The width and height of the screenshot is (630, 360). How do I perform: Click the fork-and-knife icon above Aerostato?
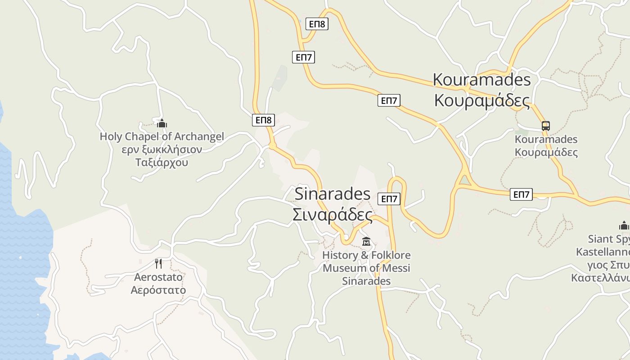click(x=158, y=263)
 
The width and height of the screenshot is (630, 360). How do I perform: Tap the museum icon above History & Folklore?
click(x=366, y=242)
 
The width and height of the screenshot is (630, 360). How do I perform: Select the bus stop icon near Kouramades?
click(x=546, y=126)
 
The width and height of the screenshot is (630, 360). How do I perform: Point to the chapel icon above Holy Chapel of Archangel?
click(x=162, y=123)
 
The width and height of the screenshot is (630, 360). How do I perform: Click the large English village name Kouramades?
click(x=481, y=80)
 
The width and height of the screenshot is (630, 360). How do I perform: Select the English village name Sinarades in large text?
click(x=332, y=194)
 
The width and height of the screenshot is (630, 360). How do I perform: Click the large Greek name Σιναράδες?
click(x=332, y=215)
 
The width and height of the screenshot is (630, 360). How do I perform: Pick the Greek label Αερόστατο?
click(x=158, y=290)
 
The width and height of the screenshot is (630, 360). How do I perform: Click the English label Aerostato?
click(x=158, y=277)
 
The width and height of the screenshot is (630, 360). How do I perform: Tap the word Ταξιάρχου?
click(x=162, y=162)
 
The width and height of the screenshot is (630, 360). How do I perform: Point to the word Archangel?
click(x=198, y=136)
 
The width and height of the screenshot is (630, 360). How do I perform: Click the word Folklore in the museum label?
click(x=391, y=255)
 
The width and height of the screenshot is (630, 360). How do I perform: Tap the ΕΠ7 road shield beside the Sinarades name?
click(x=389, y=199)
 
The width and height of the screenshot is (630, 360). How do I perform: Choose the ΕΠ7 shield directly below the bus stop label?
click(x=521, y=194)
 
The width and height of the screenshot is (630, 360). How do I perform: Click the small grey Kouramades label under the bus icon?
click(x=546, y=139)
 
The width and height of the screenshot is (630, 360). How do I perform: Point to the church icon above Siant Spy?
click(x=624, y=225)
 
